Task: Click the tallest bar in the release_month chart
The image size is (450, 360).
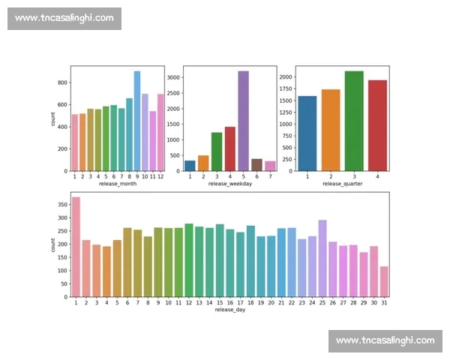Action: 137,121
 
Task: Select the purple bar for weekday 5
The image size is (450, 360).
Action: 243,121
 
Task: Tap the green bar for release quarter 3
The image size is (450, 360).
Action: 354,121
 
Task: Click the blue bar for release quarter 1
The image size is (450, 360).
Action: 307,133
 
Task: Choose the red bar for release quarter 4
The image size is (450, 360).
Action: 378,125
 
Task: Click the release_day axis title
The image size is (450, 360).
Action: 229,309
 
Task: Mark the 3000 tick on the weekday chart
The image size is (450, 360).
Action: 172,77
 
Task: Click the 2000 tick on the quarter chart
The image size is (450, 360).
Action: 285,76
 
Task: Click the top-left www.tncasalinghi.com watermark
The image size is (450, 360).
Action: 64,18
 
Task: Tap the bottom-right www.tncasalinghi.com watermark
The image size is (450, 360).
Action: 385,340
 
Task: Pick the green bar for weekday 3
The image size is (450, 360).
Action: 217,151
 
